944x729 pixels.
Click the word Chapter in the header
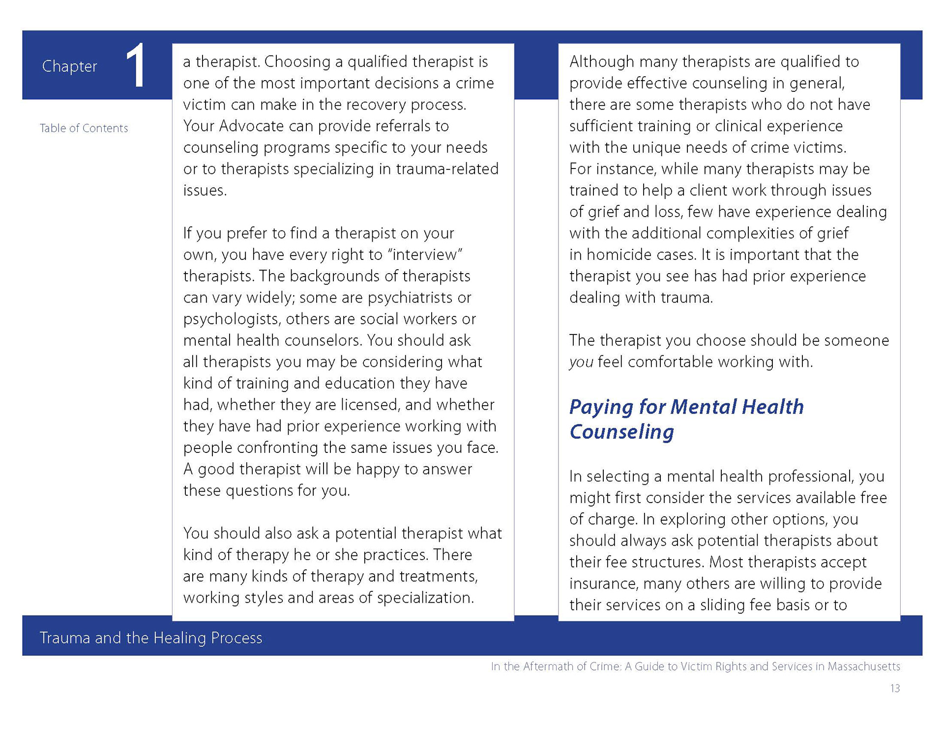69,66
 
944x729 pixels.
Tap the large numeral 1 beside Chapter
135,66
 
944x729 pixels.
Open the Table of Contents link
84,128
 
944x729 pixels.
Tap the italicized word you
581,363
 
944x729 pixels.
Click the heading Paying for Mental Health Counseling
686,419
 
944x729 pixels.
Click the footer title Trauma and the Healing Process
151,638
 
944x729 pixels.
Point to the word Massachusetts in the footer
864,667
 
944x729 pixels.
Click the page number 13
895,689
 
